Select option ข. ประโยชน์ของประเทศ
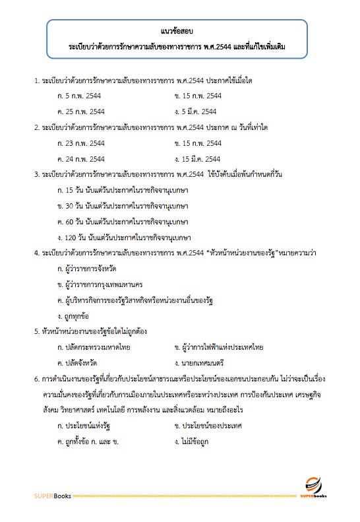208,426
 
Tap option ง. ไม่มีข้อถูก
192,441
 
